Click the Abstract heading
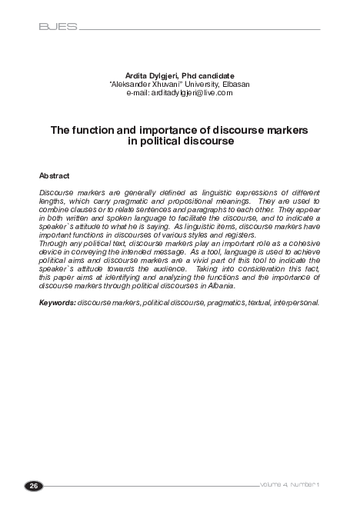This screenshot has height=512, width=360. [x=54, y=176]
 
